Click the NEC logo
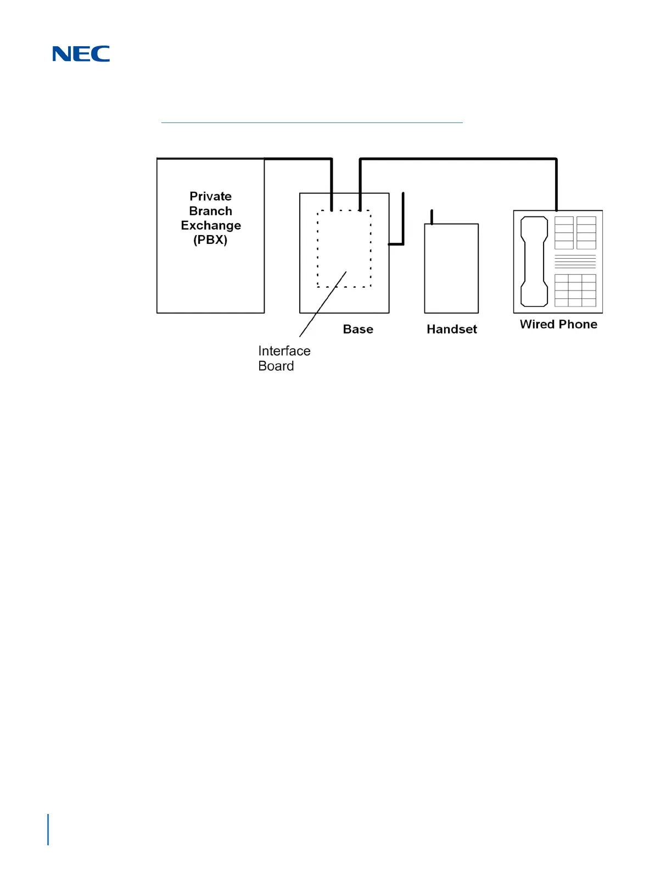coord(81,54)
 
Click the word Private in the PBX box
coord(210,197)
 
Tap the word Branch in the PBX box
coord(210,211)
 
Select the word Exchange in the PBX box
coord(211,226)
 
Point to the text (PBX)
coord(210,240)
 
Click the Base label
coord(358,330)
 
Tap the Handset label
coord(452,330)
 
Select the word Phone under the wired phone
coord(578,325)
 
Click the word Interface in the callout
coord(284,351)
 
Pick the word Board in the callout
coord(276,366)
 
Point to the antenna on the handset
coord(432,217)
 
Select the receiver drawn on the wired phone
coord(534,261)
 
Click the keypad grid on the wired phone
coord(575,290)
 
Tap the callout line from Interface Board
coord(323,304)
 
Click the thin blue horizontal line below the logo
coord(312,122)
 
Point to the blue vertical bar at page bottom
coord(48,829)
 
